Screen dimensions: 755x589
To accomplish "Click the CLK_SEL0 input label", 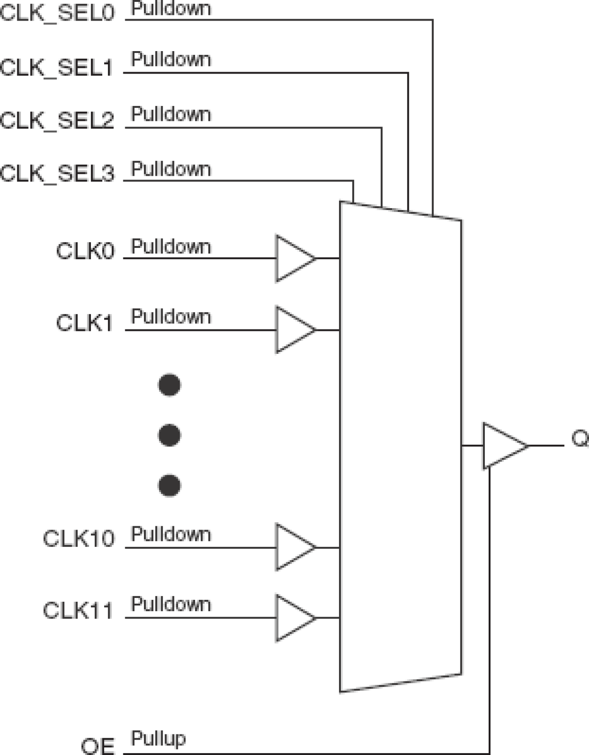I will click(57, 13).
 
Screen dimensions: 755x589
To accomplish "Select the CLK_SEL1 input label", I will click(57, 67).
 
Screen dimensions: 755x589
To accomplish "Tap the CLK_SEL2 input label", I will click(57, 120).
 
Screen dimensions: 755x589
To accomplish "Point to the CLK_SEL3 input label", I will click(57, 174).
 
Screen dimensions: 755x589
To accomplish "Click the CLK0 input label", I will click(85, 251).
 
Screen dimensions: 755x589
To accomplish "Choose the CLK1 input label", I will click(84, 323).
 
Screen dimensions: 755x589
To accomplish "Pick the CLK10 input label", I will click(78, 539).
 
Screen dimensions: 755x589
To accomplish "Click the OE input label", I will click(98, 746).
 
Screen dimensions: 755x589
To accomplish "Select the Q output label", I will click(580, 439).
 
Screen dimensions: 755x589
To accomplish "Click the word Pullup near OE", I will click(159, 738).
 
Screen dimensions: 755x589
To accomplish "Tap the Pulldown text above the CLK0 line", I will click(171, 247).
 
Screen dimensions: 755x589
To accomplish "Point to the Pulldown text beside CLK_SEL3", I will click(171, 169).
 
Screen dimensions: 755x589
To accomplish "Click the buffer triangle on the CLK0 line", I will click(292, 259).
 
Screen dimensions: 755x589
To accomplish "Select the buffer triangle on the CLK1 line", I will click(292, 330).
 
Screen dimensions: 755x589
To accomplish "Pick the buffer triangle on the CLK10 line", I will click(292, 547).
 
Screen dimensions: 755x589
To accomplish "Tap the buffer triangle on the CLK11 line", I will click(292, 618).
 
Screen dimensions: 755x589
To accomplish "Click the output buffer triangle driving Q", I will click(501, 446).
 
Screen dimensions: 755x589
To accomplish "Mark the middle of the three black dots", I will click(169, 435).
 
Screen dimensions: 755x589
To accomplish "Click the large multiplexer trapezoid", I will click(400, 445).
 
